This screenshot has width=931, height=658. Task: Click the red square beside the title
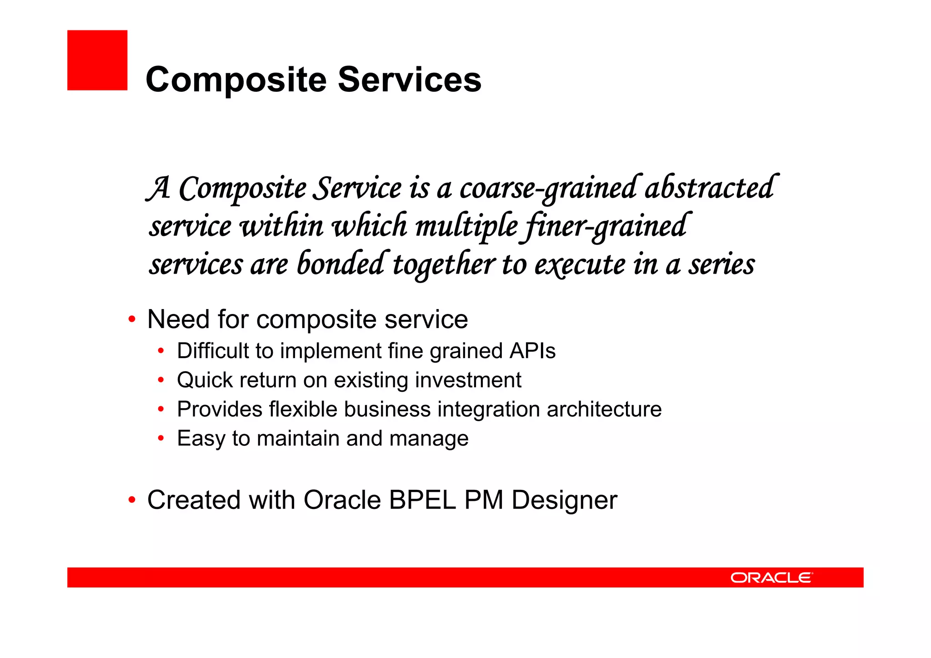pos(97,60)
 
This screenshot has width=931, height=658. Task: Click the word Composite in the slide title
pos(236,80)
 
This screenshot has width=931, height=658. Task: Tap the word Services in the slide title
pos(409,80)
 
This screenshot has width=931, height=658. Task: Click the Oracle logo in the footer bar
pos(771,578)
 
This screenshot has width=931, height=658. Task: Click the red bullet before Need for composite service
pos(132,319)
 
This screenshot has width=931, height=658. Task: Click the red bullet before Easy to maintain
pos(160,439)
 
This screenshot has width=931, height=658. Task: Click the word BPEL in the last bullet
pos(422,500)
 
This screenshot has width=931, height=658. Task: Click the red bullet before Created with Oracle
pos(132,500)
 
